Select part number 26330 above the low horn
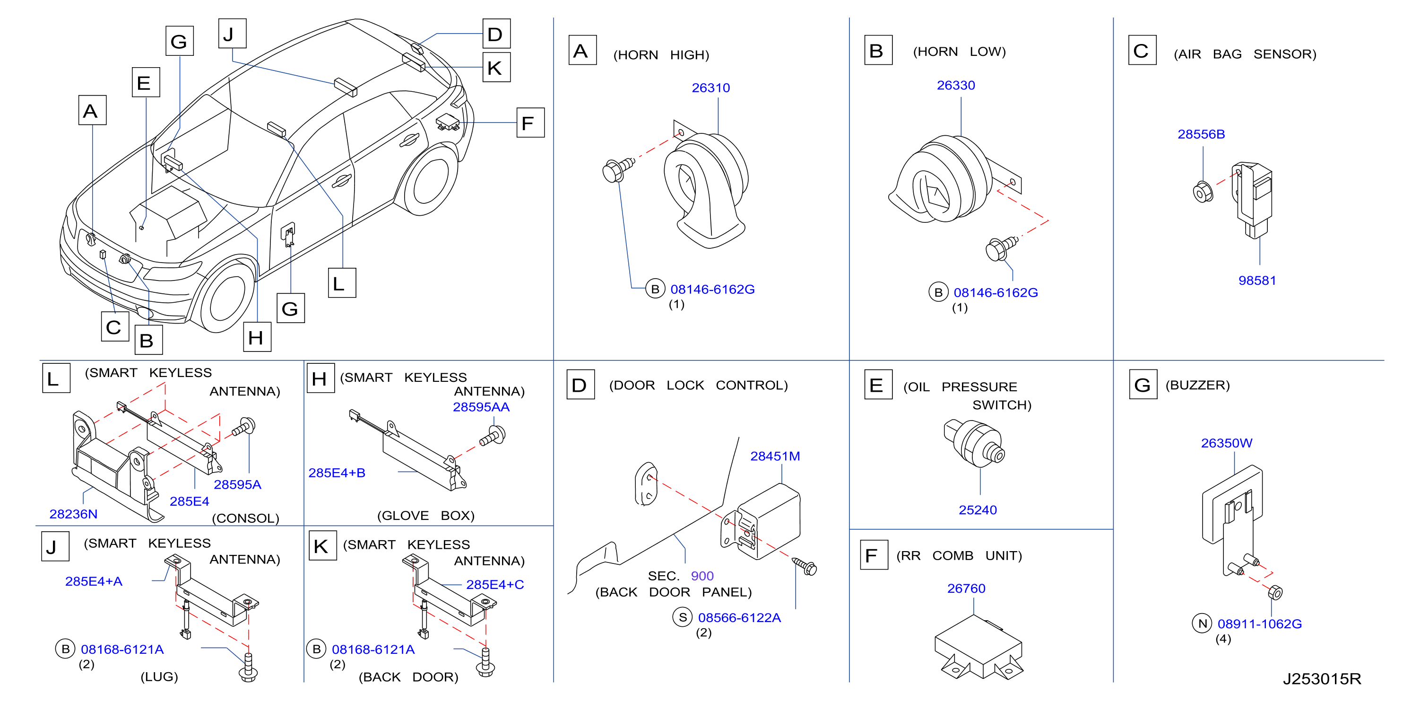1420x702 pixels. point(956,86)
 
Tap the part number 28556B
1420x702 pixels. point(1201,134)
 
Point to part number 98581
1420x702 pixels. point(1257,280)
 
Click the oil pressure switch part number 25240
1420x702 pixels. point(978,509)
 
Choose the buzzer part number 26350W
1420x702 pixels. point(1227,443)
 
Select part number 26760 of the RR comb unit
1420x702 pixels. point(966,588)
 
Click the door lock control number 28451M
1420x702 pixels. point(775,456)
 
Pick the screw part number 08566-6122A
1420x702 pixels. point(739,618)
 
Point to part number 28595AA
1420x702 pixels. point(481,407)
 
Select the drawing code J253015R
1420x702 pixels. point(1322,679)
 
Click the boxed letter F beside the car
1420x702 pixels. point(530,123)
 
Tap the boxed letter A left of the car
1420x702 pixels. point(92,110)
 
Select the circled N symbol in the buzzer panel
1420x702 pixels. point(1202,623)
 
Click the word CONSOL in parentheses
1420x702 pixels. point(246,518)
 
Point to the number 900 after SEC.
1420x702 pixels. point(702,576)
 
